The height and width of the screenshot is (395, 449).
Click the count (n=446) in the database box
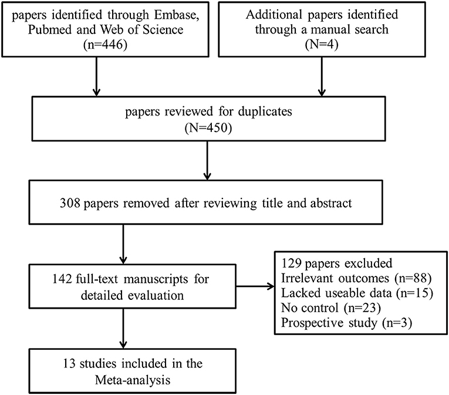tap(106, 45)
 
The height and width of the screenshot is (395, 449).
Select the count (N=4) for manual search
tap(322, 45)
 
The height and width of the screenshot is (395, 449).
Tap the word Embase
tap(177, 15)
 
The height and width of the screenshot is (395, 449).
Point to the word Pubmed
tap(49, 29)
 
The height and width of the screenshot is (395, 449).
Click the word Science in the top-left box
tap(163, 29)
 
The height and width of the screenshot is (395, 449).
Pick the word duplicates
tap(265, 112)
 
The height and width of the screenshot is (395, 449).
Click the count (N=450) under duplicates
tap(208, 128)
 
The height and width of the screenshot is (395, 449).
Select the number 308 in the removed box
tap(70, 203)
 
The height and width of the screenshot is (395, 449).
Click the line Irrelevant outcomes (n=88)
tap(356, 278)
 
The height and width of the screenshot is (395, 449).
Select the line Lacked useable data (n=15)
tap(357, 293)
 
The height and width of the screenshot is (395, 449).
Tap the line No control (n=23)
tap(331, 308)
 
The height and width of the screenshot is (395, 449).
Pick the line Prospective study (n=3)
tap(346, 323)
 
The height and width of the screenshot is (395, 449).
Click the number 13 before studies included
tap(69, 363)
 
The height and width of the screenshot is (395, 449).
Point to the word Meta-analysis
tap(133, 380)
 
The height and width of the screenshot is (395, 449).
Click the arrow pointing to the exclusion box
tap(255, 286)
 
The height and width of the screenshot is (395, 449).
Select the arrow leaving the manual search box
tap(322, 77)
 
